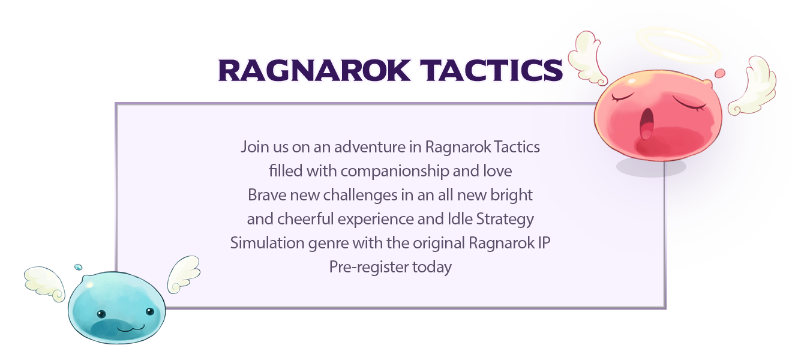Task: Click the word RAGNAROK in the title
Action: (314, 70)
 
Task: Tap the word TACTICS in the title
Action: (491, 70)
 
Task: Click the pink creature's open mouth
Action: (647, 124)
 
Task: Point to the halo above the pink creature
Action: (678, 45)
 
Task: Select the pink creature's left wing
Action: (587, 58)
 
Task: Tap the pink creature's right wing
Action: (753, 86)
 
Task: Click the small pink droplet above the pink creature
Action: (720, 73)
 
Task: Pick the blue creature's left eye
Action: (101, 314)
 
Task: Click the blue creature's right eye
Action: (150, 311)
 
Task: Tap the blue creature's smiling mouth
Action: (131, 328)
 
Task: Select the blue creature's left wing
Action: (44, 284)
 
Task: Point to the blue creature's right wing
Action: (184, 274)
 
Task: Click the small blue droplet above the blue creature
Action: (78, 267)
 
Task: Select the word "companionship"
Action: (395, 172)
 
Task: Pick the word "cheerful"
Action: (305, 218)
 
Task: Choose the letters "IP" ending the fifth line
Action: (544, 243)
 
